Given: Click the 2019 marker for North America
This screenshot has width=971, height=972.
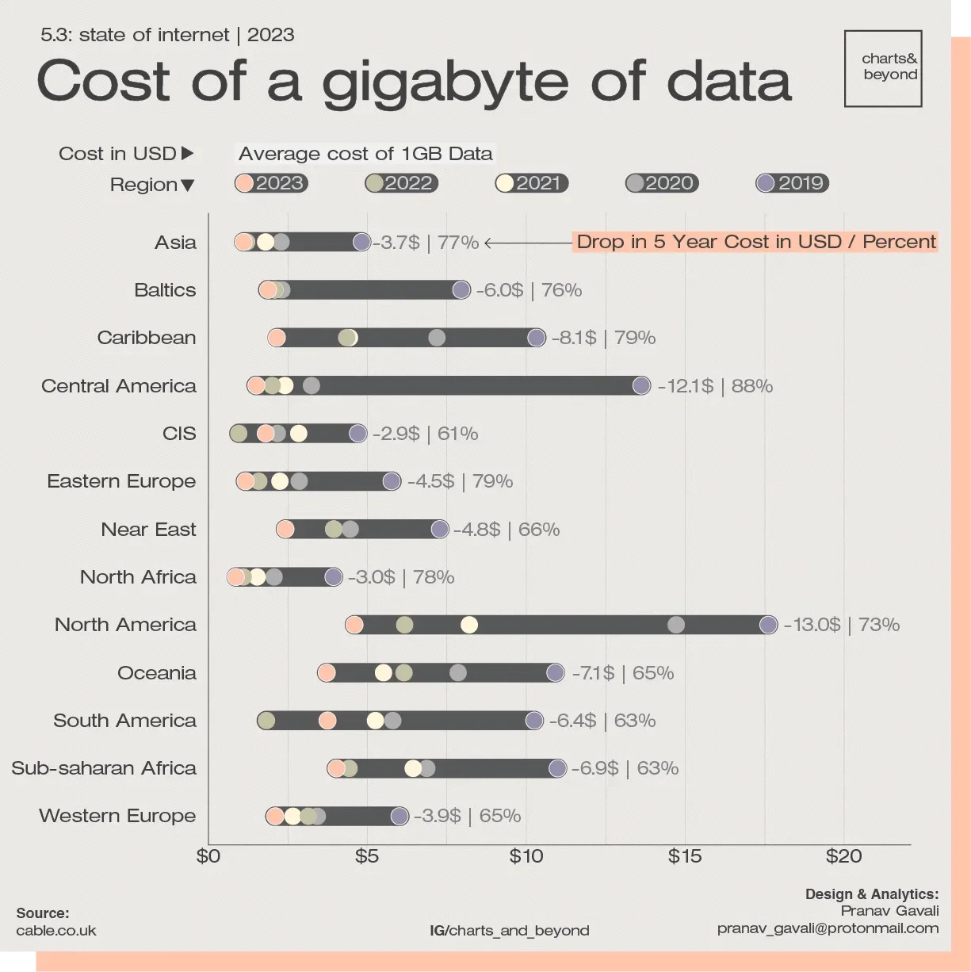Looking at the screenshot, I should point(768,625).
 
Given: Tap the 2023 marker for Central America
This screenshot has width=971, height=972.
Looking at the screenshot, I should point(256,386).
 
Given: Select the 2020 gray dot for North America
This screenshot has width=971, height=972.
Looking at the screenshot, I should point(676,625).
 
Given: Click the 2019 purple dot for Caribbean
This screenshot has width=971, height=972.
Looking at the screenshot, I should point(537,338).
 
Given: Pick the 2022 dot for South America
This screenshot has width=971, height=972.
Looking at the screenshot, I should point(266,721).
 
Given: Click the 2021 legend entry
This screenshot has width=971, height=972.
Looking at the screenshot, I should point(531,183).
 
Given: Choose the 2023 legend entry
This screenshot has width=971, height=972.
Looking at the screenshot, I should point(271,183).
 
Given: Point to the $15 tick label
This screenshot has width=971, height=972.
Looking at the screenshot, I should point(684,856).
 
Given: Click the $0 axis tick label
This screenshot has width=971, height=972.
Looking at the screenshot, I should point(208,856).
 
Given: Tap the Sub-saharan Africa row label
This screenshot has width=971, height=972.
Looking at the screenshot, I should point(104,768).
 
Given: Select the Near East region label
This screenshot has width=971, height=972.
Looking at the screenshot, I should point(148,530).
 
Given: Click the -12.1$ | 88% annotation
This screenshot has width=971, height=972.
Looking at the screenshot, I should point(715,386).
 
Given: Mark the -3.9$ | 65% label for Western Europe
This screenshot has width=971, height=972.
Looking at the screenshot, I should point(467,816).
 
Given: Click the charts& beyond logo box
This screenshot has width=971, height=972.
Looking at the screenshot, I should point(883,68).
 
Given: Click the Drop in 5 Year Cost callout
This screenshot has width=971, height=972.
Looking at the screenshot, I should point(755,242).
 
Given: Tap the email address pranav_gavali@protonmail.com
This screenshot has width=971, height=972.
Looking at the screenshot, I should point(828,928).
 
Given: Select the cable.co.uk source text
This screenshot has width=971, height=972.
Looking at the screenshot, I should point(56,931).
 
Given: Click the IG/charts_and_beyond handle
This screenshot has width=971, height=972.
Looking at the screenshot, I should point(510,931).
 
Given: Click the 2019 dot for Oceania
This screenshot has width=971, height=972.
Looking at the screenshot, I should point(555,673).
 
